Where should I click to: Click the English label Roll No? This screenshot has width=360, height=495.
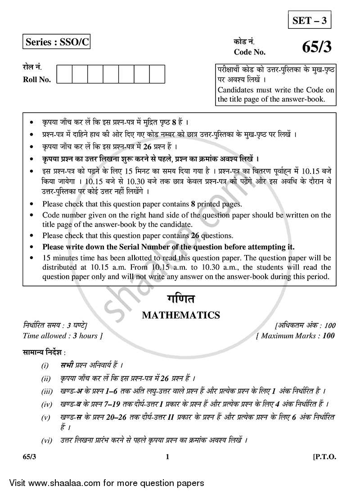pos(37,80)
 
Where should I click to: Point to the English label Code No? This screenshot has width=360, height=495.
pos(249,52)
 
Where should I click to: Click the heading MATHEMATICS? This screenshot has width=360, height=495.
pos(181,315)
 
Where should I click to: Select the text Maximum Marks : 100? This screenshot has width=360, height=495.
pos(296,336)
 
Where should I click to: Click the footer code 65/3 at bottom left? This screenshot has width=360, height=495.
pos(29,457)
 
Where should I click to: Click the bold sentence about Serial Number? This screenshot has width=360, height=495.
pos(168,247)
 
